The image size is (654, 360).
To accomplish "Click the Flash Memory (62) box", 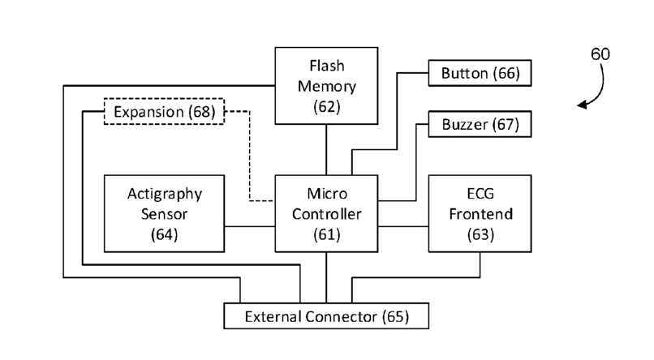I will click(326, 84).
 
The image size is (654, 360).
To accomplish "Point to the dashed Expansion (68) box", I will click(164, 111).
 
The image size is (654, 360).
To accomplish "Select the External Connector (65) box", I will click(326, 315).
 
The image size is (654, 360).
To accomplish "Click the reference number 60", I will click(600, 55).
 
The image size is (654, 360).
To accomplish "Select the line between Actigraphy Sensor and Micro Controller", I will click(250, 226).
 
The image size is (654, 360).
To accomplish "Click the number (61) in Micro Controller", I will click(326, 235).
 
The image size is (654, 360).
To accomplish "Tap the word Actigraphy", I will click(164, 195).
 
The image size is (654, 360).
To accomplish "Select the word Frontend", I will click(480, 215).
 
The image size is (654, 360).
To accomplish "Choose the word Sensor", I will click(164, 215).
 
